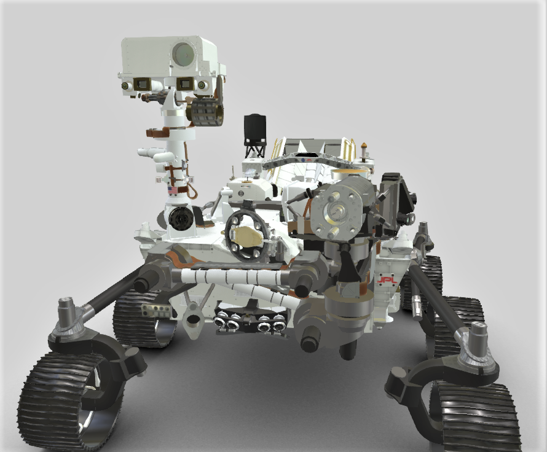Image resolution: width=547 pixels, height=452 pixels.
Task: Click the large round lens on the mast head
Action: point(184,54)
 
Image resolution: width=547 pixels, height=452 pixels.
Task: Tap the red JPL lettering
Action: point(387,280)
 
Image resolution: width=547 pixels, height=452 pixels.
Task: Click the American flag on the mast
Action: point(173,190)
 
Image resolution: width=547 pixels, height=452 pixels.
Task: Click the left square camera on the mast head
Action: point(142,84)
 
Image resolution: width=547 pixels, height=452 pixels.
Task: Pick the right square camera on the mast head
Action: point(185,84)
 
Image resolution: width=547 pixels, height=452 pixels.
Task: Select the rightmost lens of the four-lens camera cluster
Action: point(278,326)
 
